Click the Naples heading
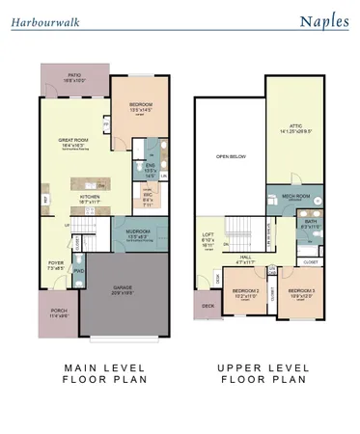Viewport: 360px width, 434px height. (322, 20)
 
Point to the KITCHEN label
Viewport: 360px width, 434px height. (90, 194)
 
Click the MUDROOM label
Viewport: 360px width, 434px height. (140, 232)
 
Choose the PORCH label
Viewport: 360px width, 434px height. (58, 311)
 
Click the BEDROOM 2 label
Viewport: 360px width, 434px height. (245, 289)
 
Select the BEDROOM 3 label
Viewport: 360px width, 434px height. (301, 289)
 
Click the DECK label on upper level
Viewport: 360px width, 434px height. (208, 306)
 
